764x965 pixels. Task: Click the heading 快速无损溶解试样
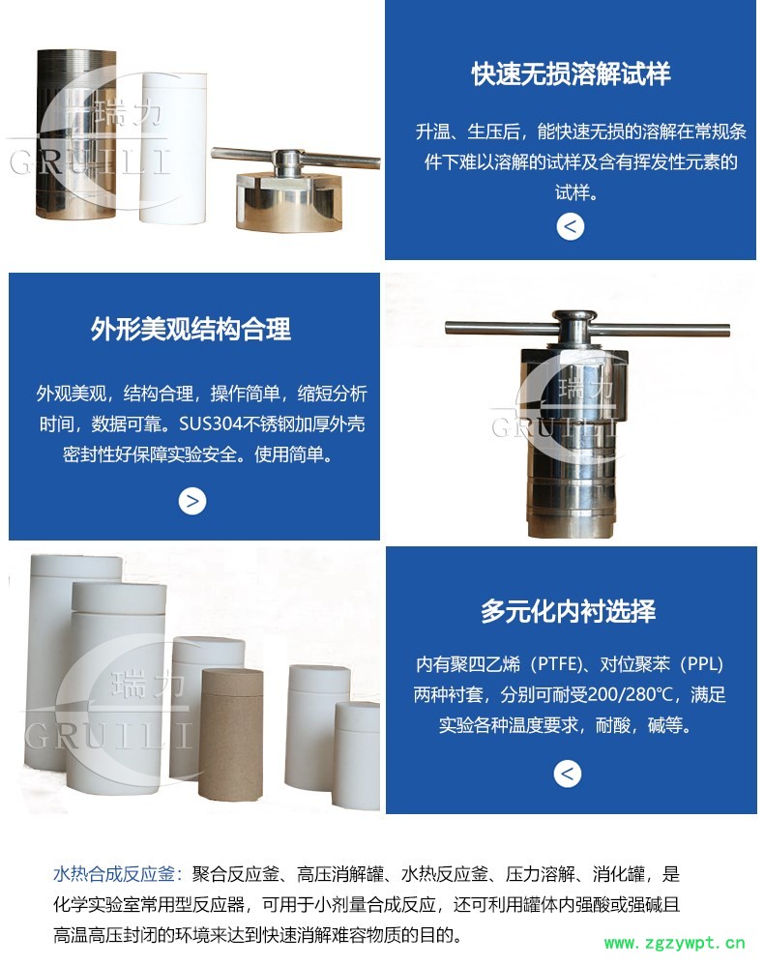point(571,73)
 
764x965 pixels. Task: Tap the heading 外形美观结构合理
point(191,330)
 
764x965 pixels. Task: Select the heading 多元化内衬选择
point(569,611)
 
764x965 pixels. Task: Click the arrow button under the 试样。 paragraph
point(570,226)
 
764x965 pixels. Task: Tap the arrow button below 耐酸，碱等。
point(567,774)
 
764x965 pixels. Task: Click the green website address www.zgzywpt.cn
point(675,943)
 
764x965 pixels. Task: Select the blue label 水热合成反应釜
point(114,874)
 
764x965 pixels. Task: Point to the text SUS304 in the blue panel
point(211,424)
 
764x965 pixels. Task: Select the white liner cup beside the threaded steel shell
point(174,147)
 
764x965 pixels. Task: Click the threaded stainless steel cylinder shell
point(76,134)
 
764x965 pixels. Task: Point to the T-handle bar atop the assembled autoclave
point(587,328)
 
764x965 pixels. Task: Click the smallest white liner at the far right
point(357,755)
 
